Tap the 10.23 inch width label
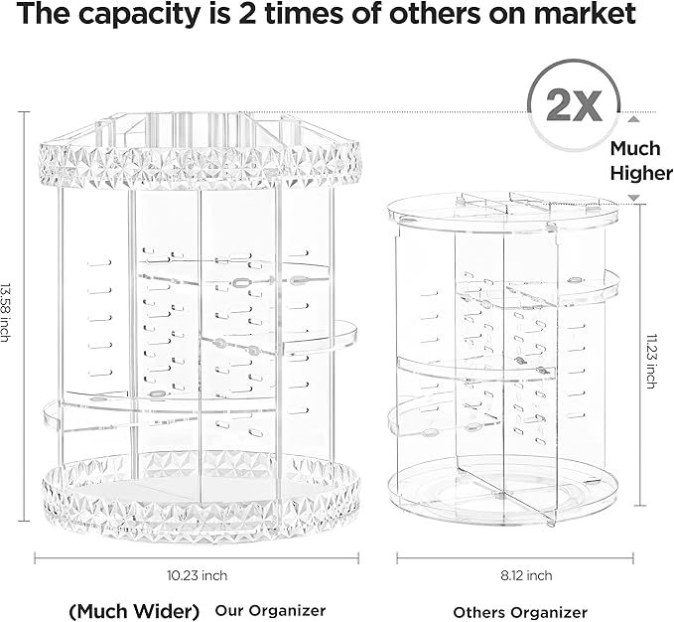[199, 575]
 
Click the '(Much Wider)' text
[134, 610]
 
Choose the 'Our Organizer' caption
[272, 610]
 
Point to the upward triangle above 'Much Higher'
[633, 120]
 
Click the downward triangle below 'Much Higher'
[633, 199]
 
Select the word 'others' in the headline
[445, 16]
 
